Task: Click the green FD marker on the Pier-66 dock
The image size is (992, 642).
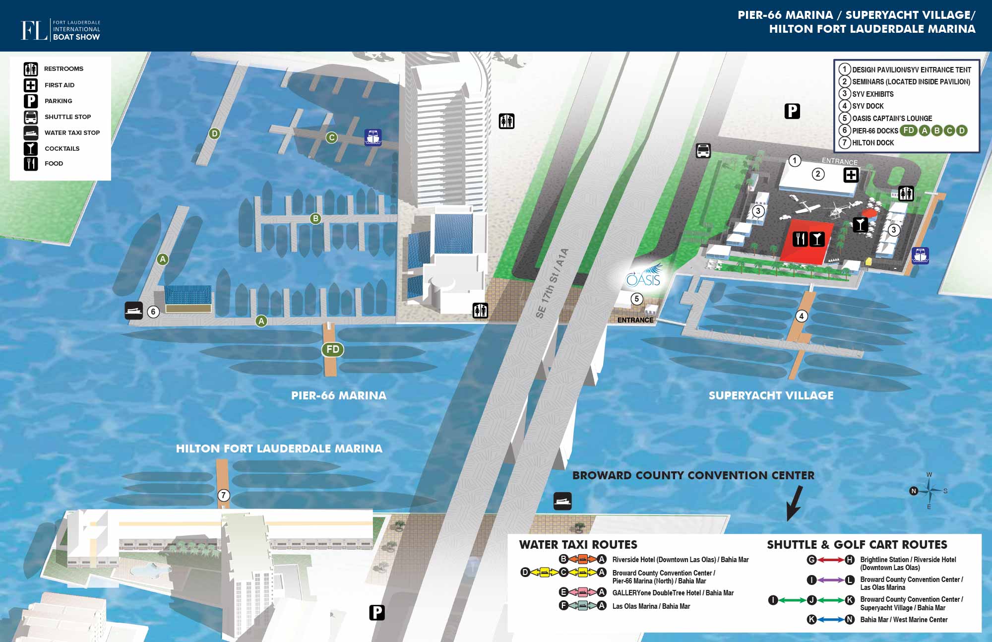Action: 333,349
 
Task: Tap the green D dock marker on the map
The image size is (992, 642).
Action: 214,133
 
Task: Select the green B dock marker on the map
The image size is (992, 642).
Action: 315,218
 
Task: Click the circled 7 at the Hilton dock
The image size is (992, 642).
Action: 224,495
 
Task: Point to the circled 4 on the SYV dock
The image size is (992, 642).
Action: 801,316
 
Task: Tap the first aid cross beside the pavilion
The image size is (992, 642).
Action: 851,175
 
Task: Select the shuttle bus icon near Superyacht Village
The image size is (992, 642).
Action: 703,150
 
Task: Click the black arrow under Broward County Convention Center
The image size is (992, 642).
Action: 794,503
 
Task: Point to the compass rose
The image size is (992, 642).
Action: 929,491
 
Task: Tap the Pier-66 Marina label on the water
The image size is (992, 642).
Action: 338,395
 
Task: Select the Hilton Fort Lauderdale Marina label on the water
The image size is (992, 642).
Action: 279,449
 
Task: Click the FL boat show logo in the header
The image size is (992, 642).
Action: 61,30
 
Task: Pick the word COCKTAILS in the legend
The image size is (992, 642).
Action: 62,148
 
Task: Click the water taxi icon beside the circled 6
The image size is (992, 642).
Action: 133,311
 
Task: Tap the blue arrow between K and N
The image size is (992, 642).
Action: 831,619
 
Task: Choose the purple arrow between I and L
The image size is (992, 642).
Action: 831,579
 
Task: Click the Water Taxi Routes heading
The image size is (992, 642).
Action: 578,544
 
